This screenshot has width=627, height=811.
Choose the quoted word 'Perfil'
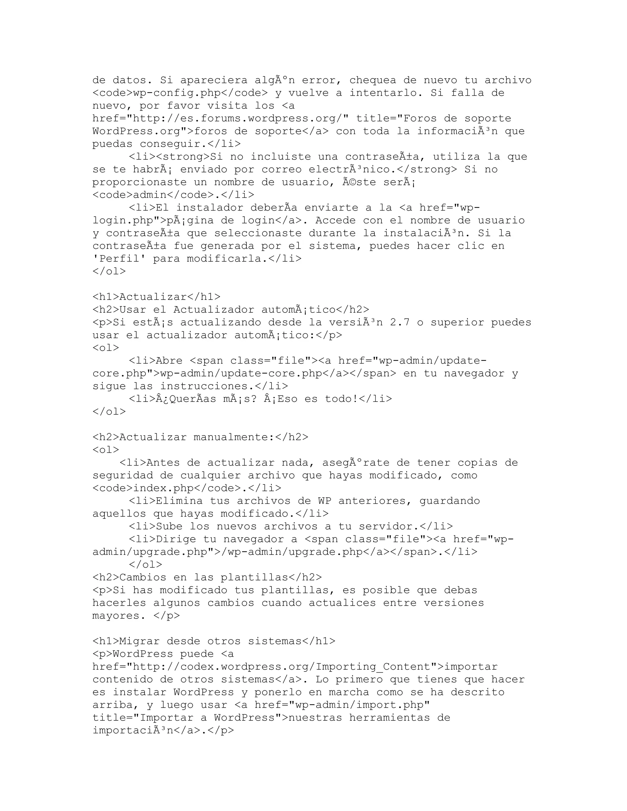click(119, 259)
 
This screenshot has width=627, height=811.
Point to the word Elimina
click(179, 501)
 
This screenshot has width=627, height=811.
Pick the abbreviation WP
click(325, 501)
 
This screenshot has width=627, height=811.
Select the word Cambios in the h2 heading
click(143, 577)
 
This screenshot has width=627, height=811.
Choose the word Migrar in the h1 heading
click(139, 641)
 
